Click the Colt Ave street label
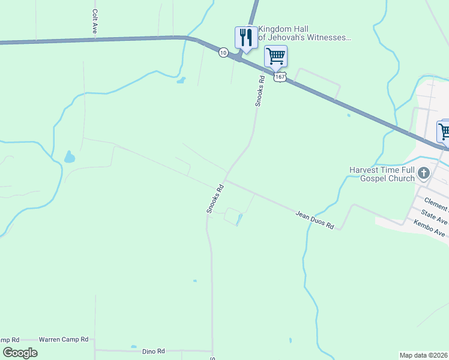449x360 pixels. pyautogui.click(x=95, y=21)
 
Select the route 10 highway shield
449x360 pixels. pyautogui.click(x=223, y=53)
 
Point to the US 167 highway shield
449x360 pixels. pyautogui.click(x=280, y=77)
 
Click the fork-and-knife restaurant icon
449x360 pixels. pyautogui.click(x=246, y=38)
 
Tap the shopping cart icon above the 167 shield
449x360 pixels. pyautogui.click(x=276, y=56)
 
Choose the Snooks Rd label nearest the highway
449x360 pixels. pyautogui.click(x=260, y=91)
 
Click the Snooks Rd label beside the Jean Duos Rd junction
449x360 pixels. pyautogui.click(x=215, y=199)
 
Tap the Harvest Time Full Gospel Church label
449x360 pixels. pyautogui.click(x=382, y=174)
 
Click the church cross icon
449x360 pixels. pyautogui.click(x=424, y=174)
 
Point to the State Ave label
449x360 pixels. pyautogui.click(x=434, y=214)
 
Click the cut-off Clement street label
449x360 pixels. pyautogui.click(x=436, y=201)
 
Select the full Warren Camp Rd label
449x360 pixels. pyautogui.click(x=64, y=339)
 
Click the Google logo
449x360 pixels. pyautogui.click(x=20, y=353)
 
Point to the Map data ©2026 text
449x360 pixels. pyautogui.click(x=423, y=355)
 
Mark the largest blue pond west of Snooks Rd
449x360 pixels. pyautogui.click(x=70, y=158)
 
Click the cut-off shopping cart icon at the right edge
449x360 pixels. pyautogui.click(x=444, y=130)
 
